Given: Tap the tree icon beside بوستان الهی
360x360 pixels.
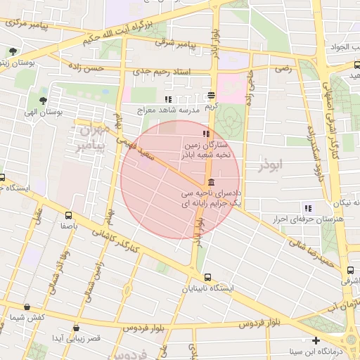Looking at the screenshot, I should click(x=44, y=101).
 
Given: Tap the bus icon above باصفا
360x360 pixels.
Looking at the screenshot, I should click(x=67, y=215).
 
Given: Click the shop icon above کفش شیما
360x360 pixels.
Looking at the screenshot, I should click(x=27, y=307).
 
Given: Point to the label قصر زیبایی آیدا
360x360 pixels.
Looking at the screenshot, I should click(x=79, y=338).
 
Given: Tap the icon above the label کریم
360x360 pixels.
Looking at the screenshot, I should click(x=211, y=95).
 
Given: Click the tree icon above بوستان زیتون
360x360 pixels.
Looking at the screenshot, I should click(x=13, y=51).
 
